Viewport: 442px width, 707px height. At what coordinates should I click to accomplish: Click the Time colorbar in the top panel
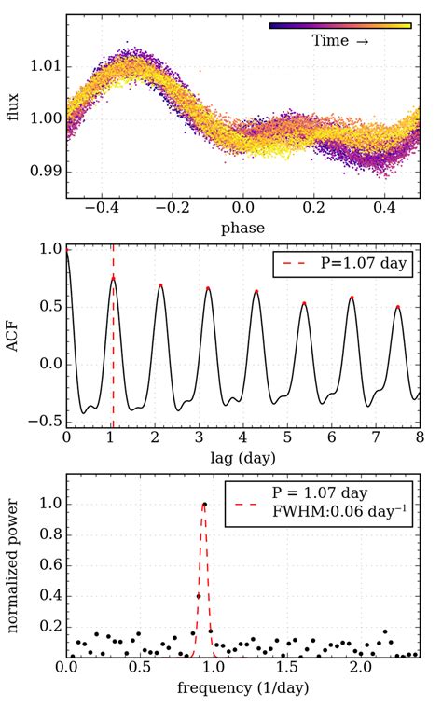(339, 26)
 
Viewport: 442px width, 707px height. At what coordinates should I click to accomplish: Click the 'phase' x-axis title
(242, 228)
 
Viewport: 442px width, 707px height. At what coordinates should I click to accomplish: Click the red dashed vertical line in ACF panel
(113, 373)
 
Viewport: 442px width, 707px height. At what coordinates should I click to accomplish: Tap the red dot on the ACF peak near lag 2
(160, 284)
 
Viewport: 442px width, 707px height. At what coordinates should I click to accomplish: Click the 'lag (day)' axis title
(242, 460)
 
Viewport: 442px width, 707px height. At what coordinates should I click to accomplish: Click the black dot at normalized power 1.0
(204, 505)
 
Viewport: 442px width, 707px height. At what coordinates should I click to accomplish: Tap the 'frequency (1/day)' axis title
(242, 690)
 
